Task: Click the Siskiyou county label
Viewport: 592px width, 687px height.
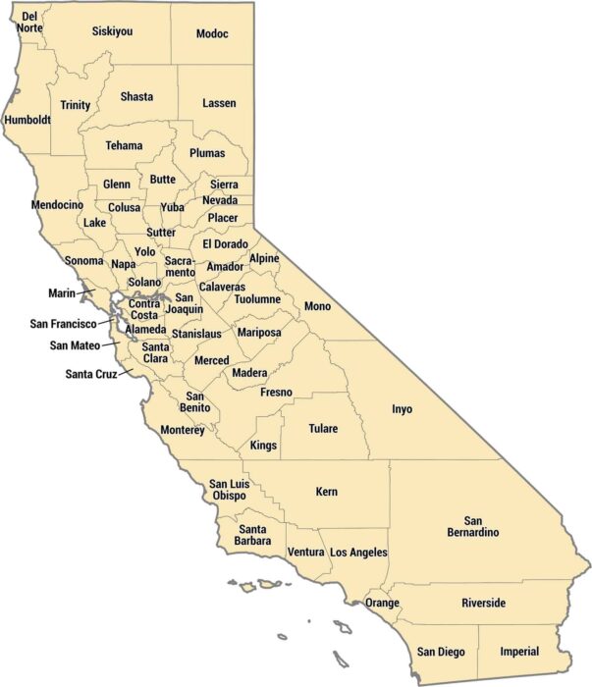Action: pos(112,31)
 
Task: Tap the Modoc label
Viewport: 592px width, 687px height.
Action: pos(212,34)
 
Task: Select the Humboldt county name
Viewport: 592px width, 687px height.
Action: pos(27,121)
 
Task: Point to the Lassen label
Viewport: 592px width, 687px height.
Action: pos(219,103)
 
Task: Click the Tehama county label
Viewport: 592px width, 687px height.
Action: pos(124,146)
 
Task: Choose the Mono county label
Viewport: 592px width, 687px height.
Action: pos(317,306)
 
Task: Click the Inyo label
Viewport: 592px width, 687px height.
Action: pos(403,409)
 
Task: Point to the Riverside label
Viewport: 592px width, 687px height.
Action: pos(483,603)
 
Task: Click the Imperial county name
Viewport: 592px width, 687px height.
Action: pos(519,652)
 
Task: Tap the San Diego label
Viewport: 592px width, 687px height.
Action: pos(441,652)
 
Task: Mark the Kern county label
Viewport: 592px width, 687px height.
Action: pos(327,491)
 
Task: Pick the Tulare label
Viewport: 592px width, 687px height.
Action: pos(322,429)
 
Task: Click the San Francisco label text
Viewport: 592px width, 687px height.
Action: pos(63,324)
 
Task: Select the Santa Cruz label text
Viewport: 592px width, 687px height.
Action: pos(91,374)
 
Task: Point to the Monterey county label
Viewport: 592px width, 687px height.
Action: pos(182,430)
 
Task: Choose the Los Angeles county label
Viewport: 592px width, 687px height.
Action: pos(358,554)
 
